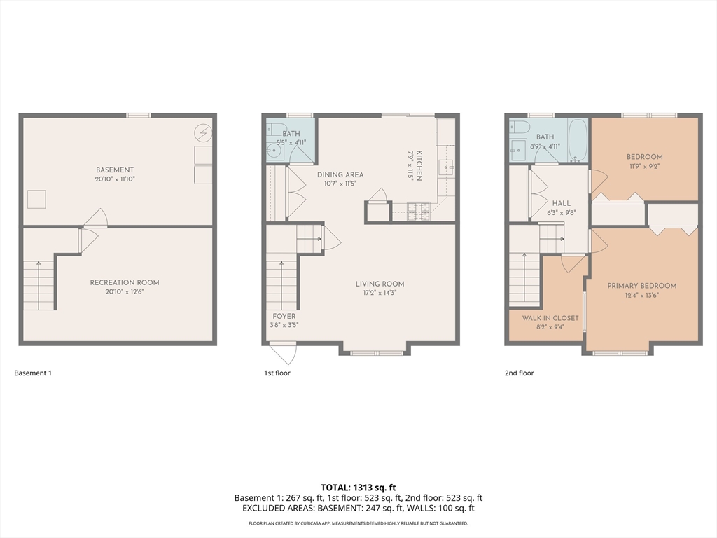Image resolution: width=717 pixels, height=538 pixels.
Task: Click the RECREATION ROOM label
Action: (x=125, y=282)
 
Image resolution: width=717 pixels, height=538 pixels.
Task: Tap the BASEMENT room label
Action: (x=115, y=170)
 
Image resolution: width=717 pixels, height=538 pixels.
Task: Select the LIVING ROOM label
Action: (x=380, y=284)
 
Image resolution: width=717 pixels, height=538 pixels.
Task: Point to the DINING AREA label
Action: (x=340, y=174)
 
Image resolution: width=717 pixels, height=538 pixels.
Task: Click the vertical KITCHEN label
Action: (x=419, y=165)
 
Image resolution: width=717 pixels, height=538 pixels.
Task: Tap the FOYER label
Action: (x=284, y=316)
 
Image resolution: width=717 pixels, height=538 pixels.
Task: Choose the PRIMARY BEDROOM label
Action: (x=642, y=286)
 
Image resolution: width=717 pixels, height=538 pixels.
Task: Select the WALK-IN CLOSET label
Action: (x=550, y=318)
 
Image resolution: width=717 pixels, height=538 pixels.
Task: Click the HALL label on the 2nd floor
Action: (x=561, y=203)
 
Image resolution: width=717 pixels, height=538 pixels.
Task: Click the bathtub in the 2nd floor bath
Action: (x=578, y=140)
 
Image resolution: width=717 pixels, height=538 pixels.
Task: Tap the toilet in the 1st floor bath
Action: (x=277, y=127)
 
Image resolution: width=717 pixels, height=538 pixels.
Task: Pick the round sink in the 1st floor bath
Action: (x=274, y=150)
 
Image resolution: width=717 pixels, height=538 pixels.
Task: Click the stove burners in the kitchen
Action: (x=419, y=212)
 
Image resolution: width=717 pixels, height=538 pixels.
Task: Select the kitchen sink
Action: (x=446, y=167)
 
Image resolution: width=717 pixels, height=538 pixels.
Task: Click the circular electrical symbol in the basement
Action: (x=203, y=133)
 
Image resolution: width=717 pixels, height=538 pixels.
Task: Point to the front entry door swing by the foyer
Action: (x=284, y=352)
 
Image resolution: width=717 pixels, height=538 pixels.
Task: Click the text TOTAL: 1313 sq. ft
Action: (x=358, y=488)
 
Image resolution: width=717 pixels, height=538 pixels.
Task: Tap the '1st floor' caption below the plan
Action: (x=277, y=373)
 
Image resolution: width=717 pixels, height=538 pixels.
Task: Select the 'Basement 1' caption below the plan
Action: (x=33, y=373)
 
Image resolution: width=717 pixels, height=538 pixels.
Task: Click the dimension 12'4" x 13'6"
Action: (x=642, y=295)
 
